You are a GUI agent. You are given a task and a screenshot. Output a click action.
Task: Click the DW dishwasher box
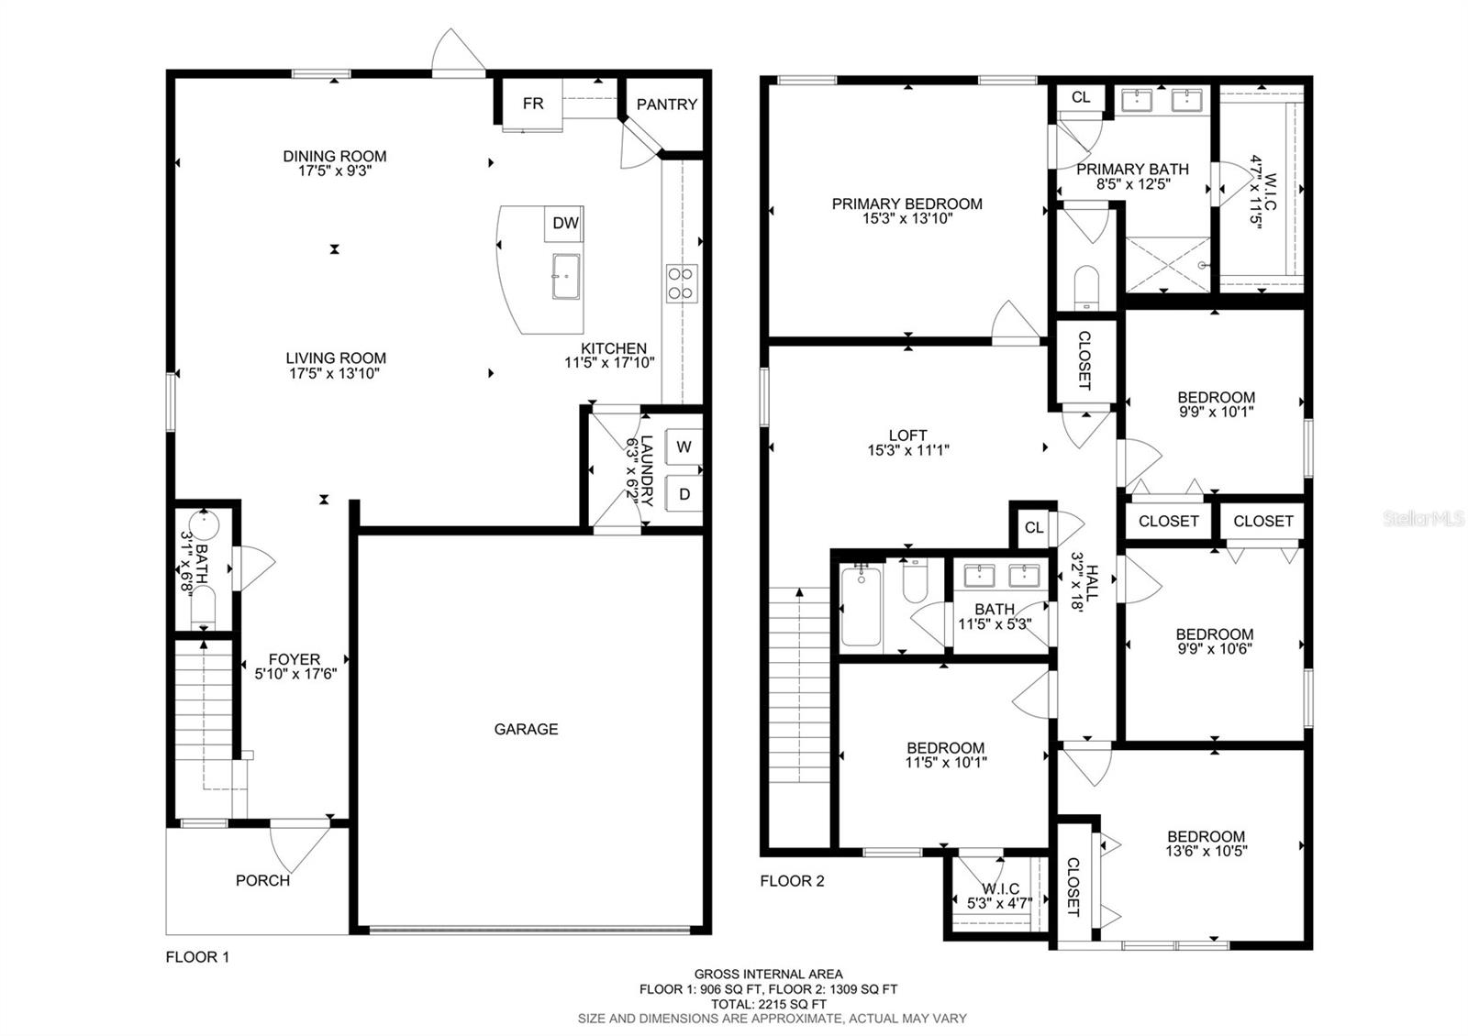[x=564, y=224]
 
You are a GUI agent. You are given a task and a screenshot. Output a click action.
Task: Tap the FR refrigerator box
[x=532, y=104]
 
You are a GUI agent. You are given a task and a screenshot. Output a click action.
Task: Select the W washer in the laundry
[x=684, y=446]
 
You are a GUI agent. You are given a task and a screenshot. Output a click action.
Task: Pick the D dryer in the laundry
[x=684, y=494]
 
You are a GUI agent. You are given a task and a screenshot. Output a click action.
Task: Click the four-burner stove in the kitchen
[x=682, y=283]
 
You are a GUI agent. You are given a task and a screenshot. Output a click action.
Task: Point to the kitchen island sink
[x=565, y=276]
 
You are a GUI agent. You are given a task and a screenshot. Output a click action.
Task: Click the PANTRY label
[x=666, y=105]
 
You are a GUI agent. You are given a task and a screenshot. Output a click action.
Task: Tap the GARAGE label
[x=527, y=729]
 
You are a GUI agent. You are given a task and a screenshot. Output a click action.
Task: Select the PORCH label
[x=262, y=880]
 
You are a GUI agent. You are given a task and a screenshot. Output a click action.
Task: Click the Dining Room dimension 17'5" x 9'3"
[x=335, y=171]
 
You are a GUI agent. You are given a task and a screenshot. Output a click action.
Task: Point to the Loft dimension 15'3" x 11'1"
[x=908, y=450]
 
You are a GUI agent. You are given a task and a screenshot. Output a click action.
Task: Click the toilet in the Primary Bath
[x=1086, y=287]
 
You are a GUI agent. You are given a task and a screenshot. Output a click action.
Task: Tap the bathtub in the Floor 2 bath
[x=861, y=606]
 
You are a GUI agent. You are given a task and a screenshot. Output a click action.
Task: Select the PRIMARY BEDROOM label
[x=907, y=204]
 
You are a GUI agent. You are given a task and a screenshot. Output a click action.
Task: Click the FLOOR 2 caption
[x=793, y=881]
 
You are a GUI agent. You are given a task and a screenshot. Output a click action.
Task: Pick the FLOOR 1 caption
[x=197, y=957]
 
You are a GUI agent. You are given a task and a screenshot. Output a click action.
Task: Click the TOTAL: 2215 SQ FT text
[x=769, y=1004]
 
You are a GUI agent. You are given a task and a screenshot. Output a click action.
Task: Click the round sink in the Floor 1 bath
[x=204, y=524]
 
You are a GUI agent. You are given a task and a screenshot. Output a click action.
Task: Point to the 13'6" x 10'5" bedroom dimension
[x=1206, y=851]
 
